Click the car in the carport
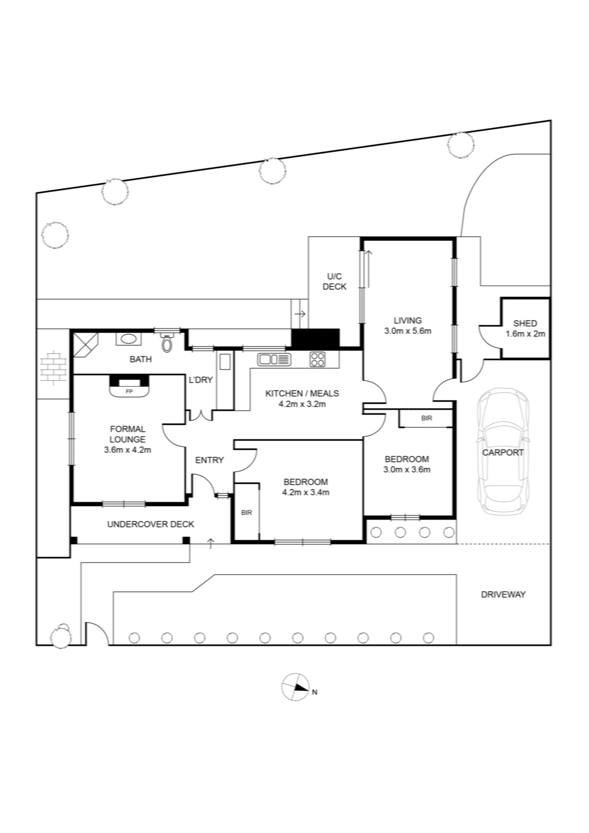[504, 451]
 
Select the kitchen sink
[274, 359]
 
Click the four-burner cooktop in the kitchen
[317, 359]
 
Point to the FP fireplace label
[130, 392]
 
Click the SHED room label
[525, 323]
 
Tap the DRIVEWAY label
[503, 594]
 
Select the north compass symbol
[296, 687]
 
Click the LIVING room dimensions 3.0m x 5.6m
[407, 331]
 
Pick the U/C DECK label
[335, 282]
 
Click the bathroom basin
[129, 339]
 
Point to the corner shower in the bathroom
[85, 345]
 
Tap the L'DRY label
[201, 380]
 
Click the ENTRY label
[210, 460]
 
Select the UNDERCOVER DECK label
[150, 524]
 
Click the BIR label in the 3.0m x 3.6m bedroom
[427, 418]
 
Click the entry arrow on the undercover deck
[211, 544]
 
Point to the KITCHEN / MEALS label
[302, 393]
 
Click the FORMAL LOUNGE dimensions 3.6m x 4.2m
[127, 450]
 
